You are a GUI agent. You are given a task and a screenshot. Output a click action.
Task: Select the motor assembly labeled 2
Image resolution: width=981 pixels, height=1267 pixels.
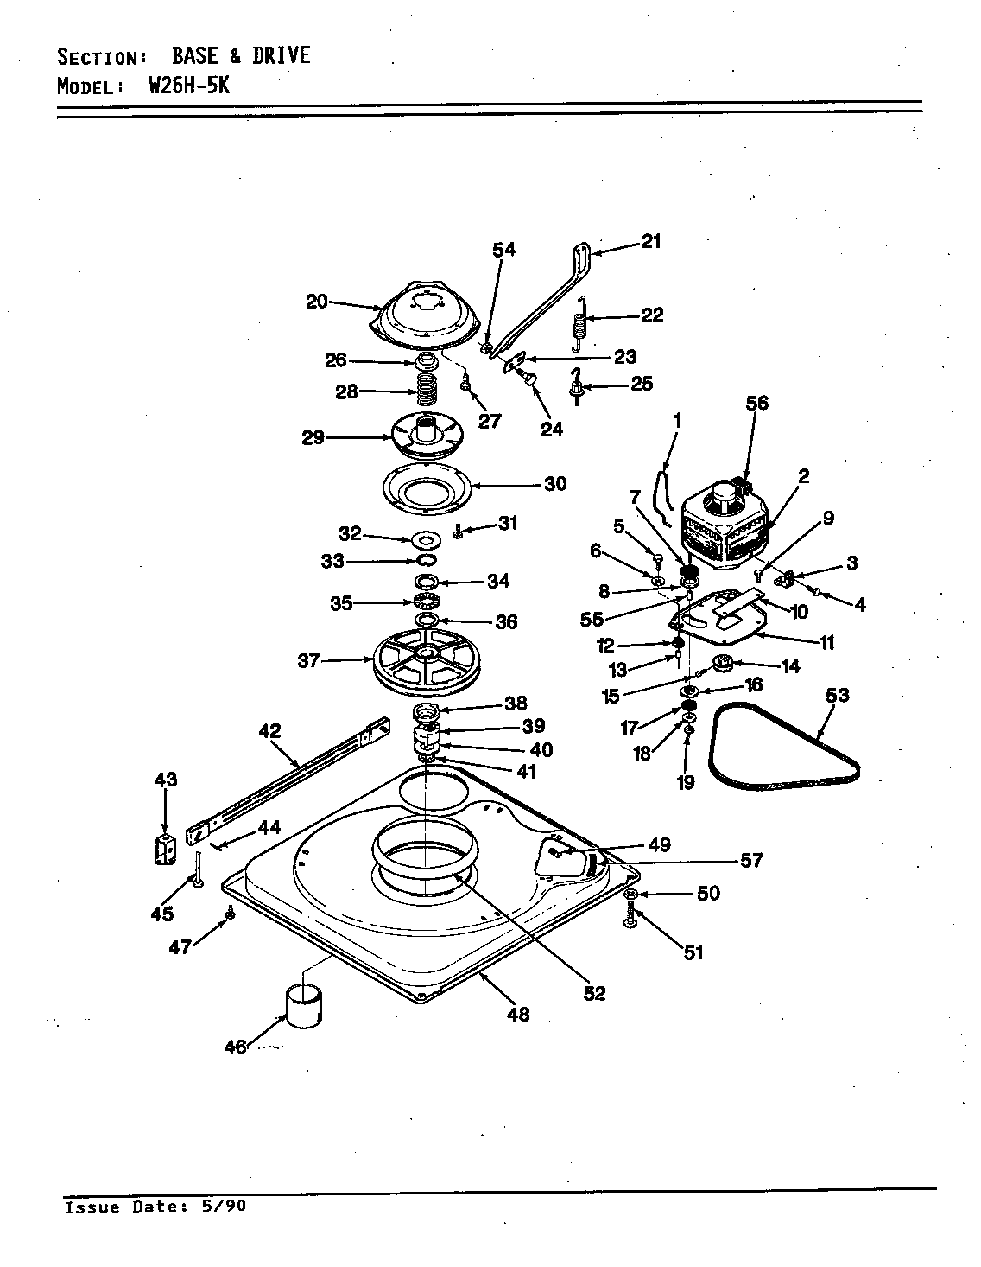[x=724, y=529]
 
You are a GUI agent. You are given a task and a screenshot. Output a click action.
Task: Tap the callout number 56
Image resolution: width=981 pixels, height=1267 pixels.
[x=756, y=403]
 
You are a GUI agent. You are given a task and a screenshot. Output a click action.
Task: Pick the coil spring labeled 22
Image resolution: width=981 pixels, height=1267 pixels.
[x=581, y=324]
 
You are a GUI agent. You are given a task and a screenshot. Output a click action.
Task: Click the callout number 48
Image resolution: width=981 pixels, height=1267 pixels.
[x=517, y=1014]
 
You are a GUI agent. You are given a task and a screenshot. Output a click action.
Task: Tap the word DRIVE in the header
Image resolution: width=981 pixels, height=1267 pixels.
[x=281, y=56]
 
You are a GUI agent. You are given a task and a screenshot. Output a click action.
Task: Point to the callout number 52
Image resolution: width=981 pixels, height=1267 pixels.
[x=593, y=993]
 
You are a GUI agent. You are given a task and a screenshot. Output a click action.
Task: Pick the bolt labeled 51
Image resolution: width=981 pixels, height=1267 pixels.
[x=630, y=916]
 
